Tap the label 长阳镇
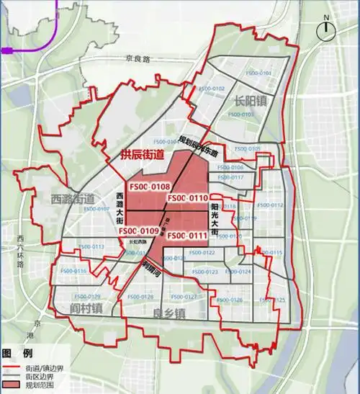[x=250, y=101]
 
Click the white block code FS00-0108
[x=148, y=187]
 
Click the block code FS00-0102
[x=210, y=89]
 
